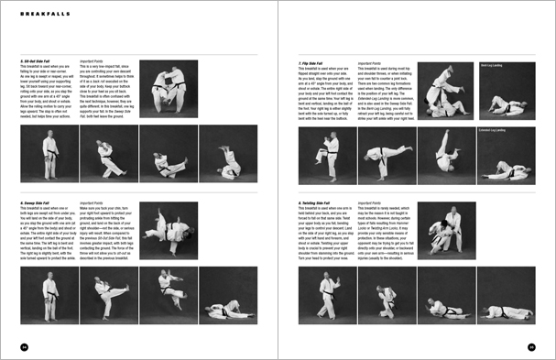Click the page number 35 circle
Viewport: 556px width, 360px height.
click(531, 347)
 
